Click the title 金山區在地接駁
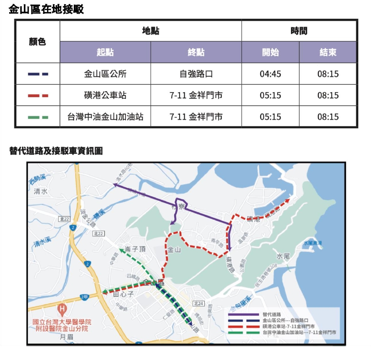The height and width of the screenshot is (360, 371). [x=46, y=9]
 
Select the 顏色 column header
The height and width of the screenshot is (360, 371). [x=37, y=42]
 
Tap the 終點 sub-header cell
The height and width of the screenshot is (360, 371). [x=196, y=53]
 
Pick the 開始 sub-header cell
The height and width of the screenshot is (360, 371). [x=270, y=53]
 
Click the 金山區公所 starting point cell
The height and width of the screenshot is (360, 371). [x=105, y=74]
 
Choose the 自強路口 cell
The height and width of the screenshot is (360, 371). [x=196, y=74]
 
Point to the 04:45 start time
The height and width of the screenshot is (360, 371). [x=270, y=74]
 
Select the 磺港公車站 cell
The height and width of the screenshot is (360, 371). [x=105, y=96]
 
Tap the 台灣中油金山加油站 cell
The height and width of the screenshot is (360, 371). [x=105, y=117]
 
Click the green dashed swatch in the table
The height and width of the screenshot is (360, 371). [x=38, y=117]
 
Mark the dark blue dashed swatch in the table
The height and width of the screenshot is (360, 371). [x=38, y=74]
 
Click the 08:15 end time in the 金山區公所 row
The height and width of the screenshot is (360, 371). [x=328, y=74]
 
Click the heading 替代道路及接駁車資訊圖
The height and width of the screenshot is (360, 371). [x=56, y=151]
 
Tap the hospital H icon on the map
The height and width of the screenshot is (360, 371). [x=62, y=310]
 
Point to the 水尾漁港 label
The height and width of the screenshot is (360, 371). [x=313, y=242]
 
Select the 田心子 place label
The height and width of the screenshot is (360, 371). [x=123, y=295]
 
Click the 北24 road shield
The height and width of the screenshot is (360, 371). [x=198, y=303]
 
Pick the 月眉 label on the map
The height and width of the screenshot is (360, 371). [x=66, y=336]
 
